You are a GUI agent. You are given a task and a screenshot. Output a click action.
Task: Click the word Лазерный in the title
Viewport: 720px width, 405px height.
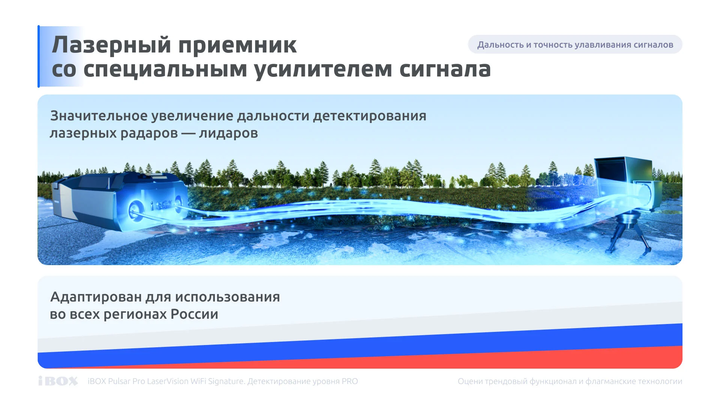(111, 45)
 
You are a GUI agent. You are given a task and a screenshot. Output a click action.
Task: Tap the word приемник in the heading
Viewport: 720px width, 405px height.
(237, 46)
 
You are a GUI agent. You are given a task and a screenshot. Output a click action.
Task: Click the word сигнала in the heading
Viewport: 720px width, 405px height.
(445, 70)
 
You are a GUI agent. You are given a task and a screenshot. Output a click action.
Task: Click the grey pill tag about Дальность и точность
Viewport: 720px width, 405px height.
(575, 45)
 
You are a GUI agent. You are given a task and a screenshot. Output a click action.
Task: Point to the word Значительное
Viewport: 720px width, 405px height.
(99, 116)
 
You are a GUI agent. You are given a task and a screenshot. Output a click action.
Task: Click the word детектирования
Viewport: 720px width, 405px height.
(369, 116)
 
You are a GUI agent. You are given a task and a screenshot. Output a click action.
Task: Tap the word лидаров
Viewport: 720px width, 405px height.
(228, 133)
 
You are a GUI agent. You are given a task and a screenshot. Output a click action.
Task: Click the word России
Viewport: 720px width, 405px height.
(194, 314)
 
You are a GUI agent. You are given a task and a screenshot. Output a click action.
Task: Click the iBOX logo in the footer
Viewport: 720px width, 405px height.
(58, 381)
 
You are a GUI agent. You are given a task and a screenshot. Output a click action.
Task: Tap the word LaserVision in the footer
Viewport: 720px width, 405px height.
(168, 381)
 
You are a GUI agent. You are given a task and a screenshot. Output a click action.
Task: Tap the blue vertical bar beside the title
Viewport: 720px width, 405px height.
(39, 56)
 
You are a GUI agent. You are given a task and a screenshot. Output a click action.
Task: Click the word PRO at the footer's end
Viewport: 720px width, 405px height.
(349, 381)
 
